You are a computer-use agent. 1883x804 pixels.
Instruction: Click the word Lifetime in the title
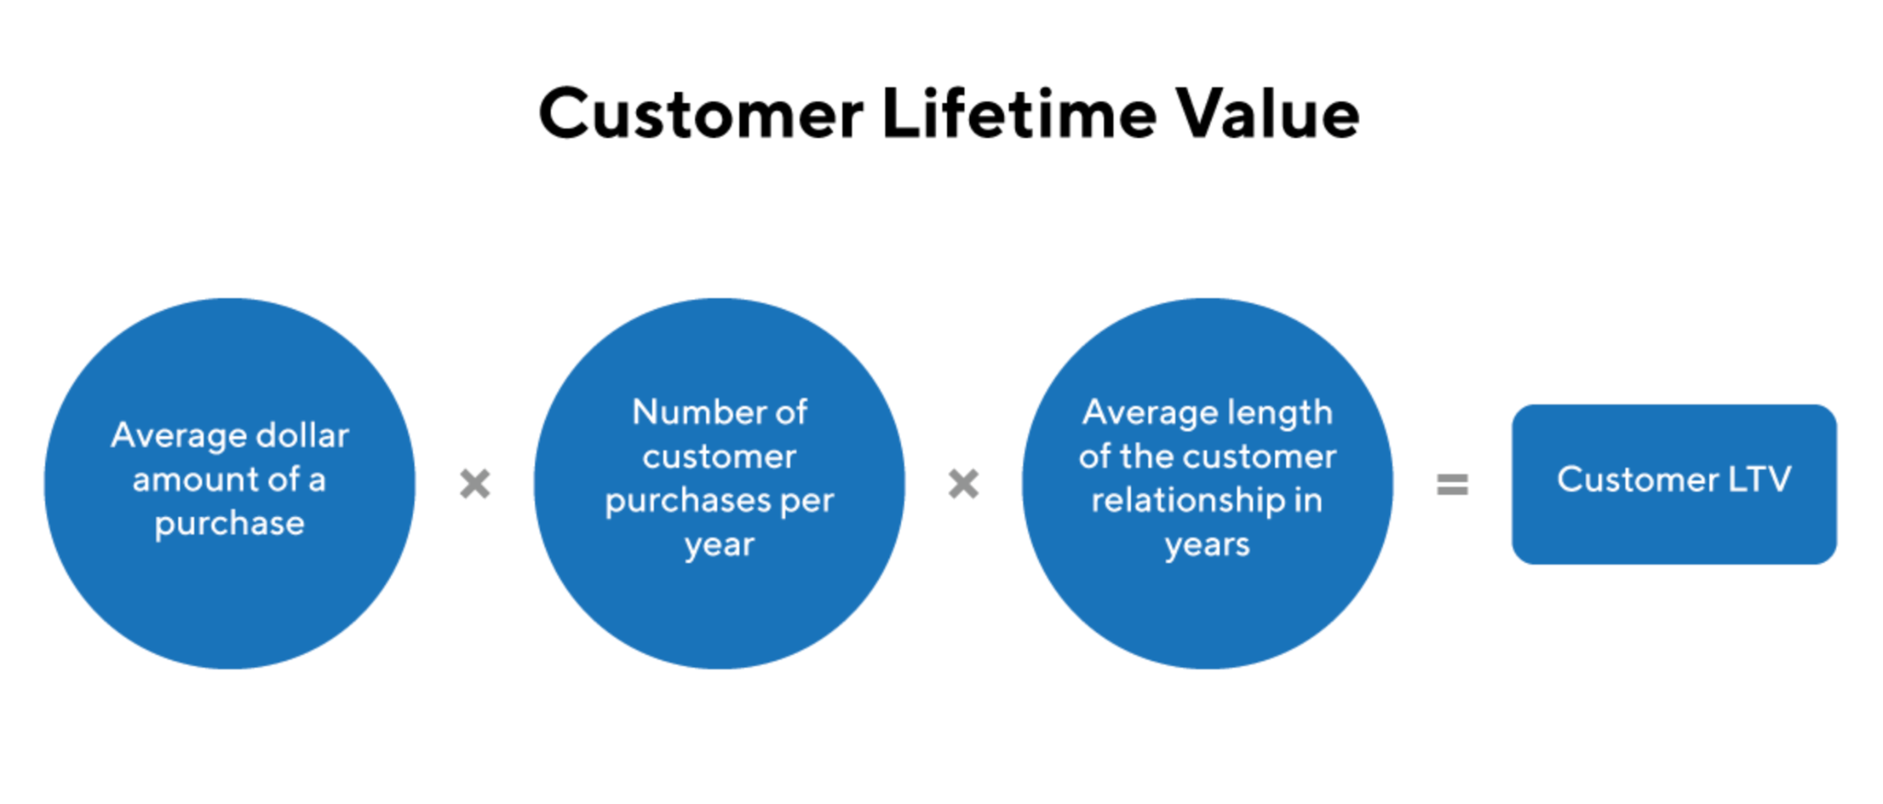tap(1018, 113)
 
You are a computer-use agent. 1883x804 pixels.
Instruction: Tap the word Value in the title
tap(1268, 113)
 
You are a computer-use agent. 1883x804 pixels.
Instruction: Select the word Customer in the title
tap(701, 115)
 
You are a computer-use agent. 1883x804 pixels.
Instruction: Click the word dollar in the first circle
tap(302, 435)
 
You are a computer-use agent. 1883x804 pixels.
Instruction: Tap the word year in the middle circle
tap(719, 546)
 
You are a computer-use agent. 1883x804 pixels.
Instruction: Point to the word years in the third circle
tap(1207, 546)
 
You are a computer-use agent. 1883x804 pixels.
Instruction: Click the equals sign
tap(1452, 484)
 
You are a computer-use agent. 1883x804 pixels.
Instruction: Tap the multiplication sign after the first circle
tap(474, 484)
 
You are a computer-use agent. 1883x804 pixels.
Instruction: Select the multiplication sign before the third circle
tap(964, 484)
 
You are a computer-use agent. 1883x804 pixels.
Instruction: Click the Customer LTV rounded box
tap(1674, 484)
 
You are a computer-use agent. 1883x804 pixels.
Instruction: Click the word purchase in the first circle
tap(229, 524)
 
